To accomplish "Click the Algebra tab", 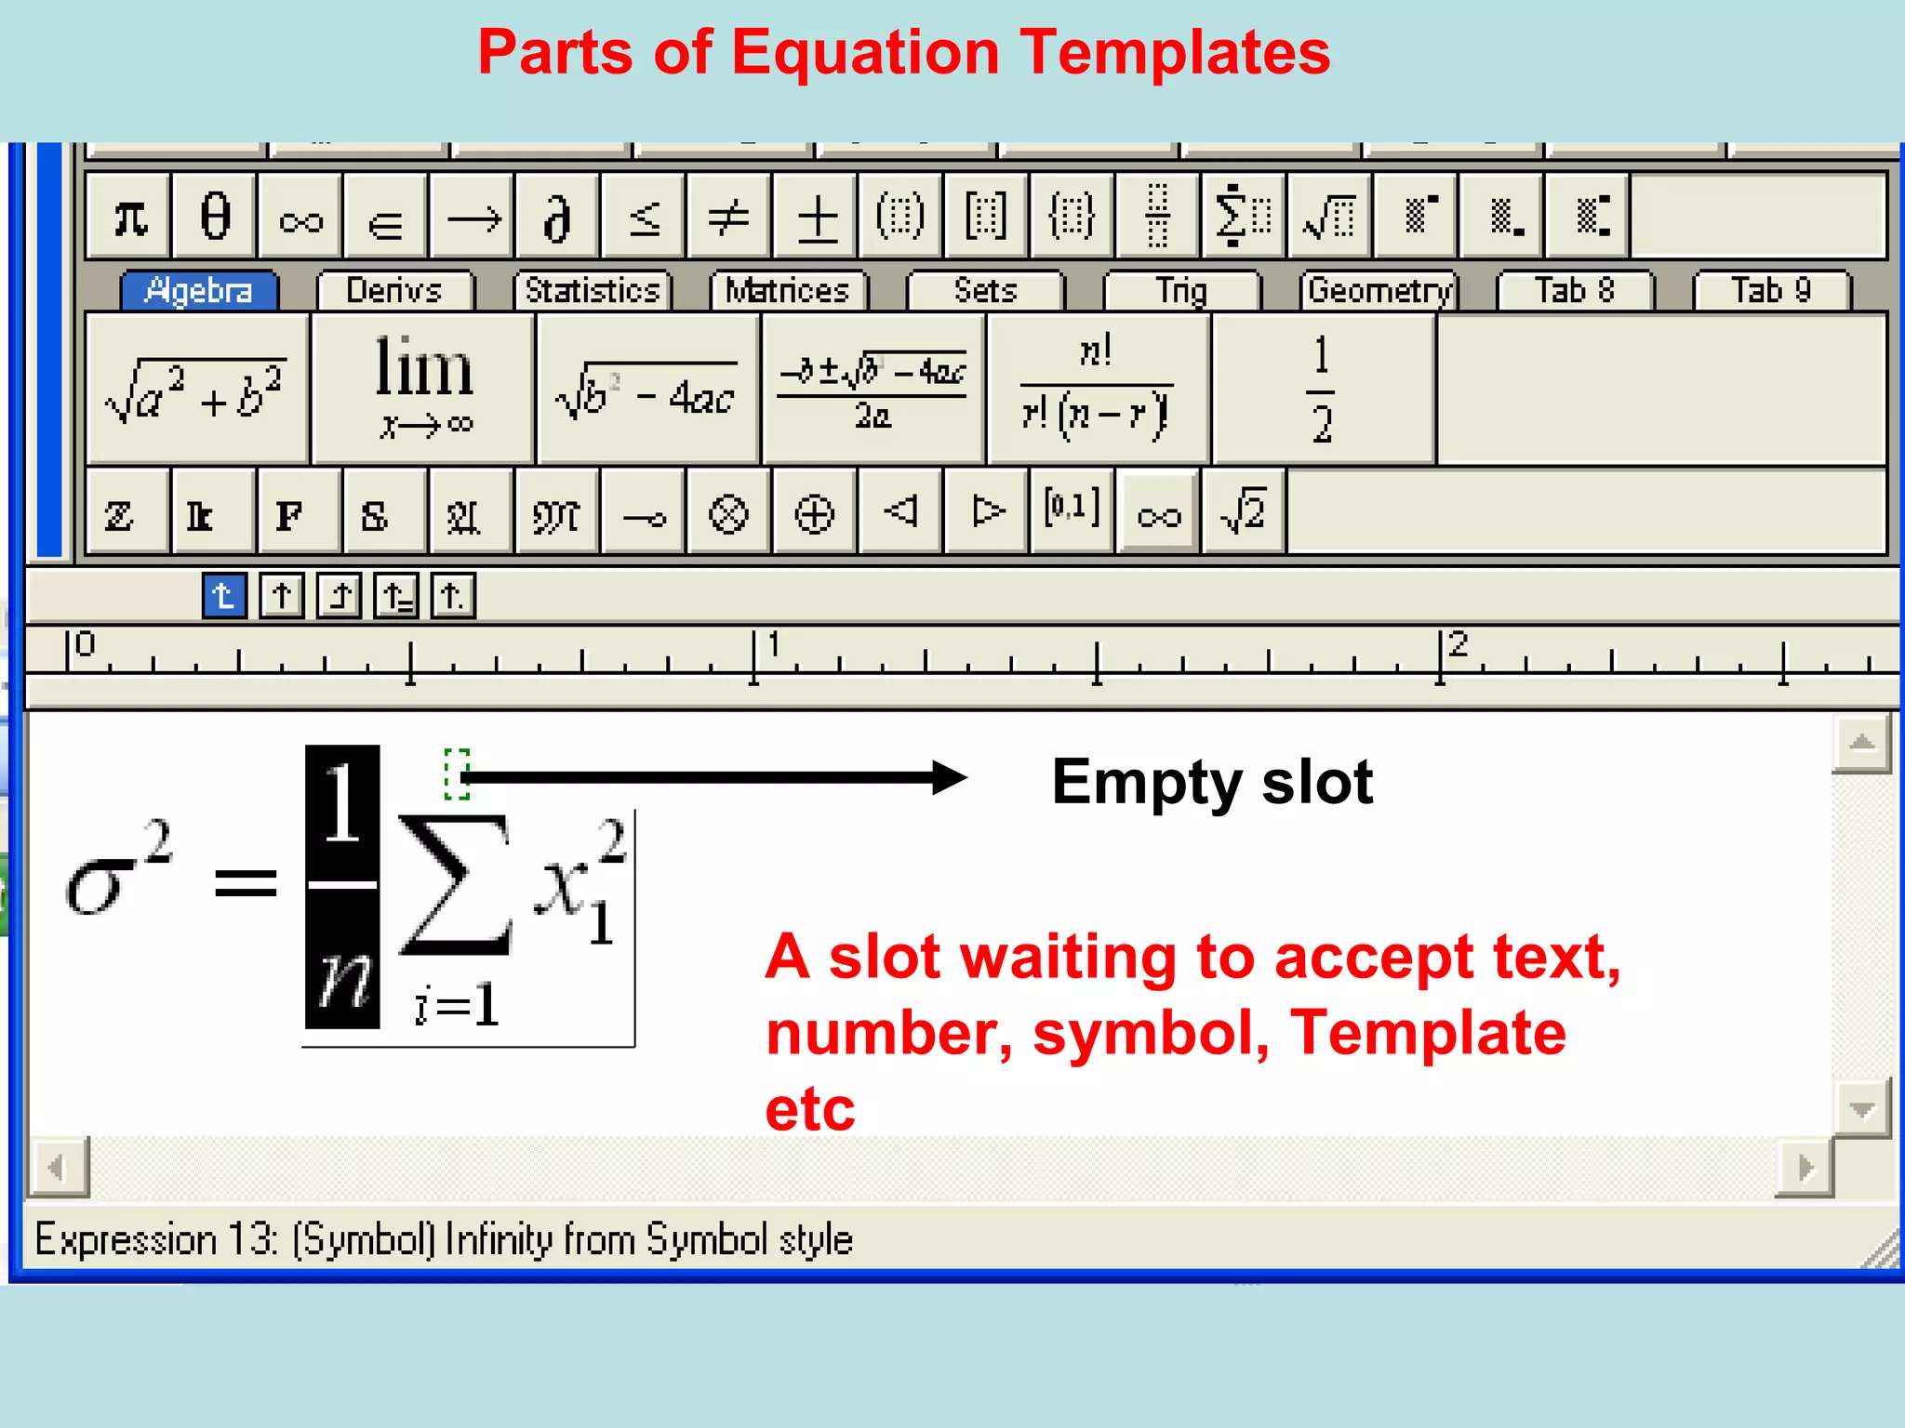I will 199,291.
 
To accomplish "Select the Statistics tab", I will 593,291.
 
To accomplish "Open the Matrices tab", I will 788,291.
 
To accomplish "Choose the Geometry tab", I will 1379,291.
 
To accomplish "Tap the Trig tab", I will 1181,291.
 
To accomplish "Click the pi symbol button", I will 129,217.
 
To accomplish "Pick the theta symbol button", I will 215,217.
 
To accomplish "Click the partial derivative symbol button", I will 556,217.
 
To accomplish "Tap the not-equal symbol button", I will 728,217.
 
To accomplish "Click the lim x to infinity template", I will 424,389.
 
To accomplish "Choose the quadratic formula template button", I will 873,389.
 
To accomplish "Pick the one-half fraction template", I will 1323,389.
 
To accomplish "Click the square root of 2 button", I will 1244,512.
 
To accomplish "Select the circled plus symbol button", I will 814,512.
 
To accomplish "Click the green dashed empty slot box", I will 457,773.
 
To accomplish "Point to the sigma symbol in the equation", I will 96,883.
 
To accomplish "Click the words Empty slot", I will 1212,782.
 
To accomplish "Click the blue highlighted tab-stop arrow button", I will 224,595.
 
